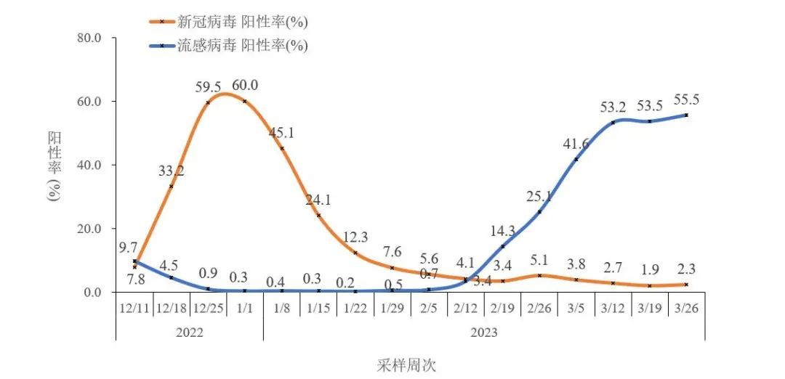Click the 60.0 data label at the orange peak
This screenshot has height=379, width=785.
(244, 86)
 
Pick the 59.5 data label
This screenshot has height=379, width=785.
(208, 87)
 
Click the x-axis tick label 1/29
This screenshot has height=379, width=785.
(392, 307)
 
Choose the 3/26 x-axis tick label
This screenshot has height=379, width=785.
(686, 307)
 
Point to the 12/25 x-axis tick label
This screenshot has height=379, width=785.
(208, 307)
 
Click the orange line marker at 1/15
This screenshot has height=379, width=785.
(318, 215)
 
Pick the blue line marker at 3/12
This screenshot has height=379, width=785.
(613, 122)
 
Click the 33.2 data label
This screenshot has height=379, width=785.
(172, 171)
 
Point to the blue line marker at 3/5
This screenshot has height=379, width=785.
(576, 159)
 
